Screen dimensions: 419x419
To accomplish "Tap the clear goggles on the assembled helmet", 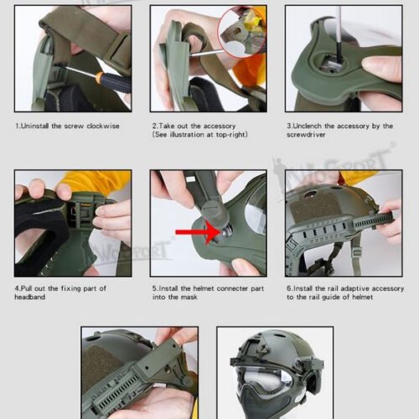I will (264, 375).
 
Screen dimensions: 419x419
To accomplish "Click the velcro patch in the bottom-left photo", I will (105, 369).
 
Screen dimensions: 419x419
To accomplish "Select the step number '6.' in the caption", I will (288, 289).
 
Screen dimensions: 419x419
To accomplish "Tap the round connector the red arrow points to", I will (225, 230).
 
